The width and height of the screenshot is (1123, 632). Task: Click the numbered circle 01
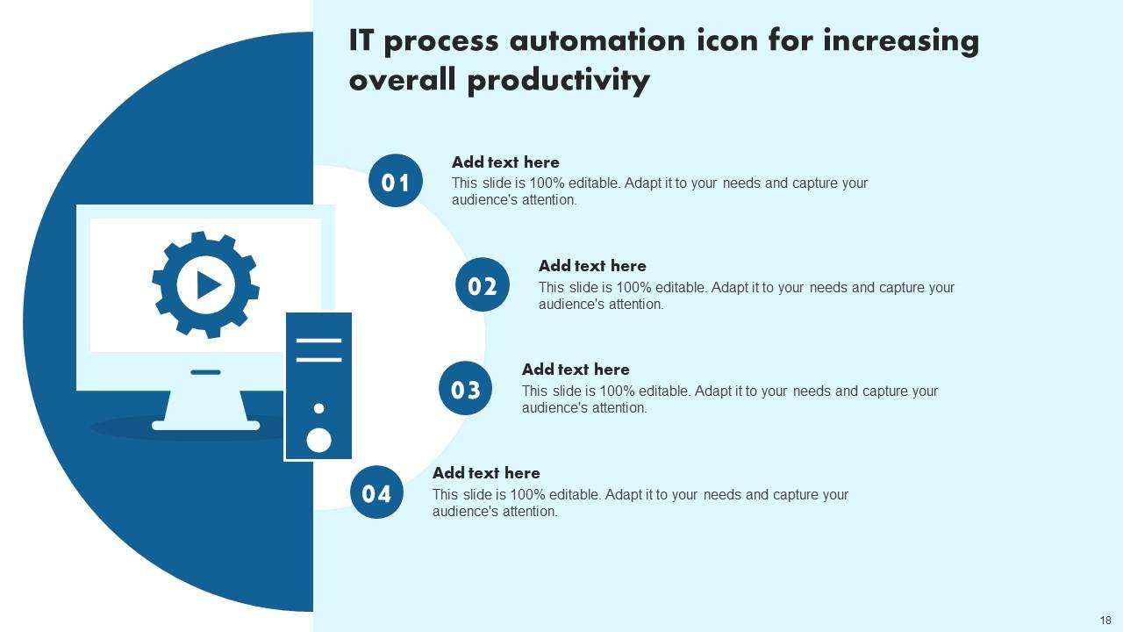396,181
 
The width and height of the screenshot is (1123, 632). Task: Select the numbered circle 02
483,284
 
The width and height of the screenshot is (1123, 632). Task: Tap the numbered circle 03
465,388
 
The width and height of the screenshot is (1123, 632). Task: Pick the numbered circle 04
376,492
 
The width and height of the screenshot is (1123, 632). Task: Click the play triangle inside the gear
208,284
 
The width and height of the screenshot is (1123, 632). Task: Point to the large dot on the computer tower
318,440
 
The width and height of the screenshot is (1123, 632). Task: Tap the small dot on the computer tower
318,408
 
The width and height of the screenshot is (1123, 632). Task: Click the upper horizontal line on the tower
318,340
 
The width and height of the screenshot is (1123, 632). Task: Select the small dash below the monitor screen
205,372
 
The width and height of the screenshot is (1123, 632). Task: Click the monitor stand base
206,425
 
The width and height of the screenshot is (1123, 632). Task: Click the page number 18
1105,620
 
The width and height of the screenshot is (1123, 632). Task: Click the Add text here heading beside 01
505,162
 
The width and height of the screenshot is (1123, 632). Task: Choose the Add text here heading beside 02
592,266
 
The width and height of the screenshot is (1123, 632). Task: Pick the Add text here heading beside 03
576,370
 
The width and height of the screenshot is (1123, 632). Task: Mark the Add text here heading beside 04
486,473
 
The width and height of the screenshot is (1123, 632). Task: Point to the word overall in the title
404,81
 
